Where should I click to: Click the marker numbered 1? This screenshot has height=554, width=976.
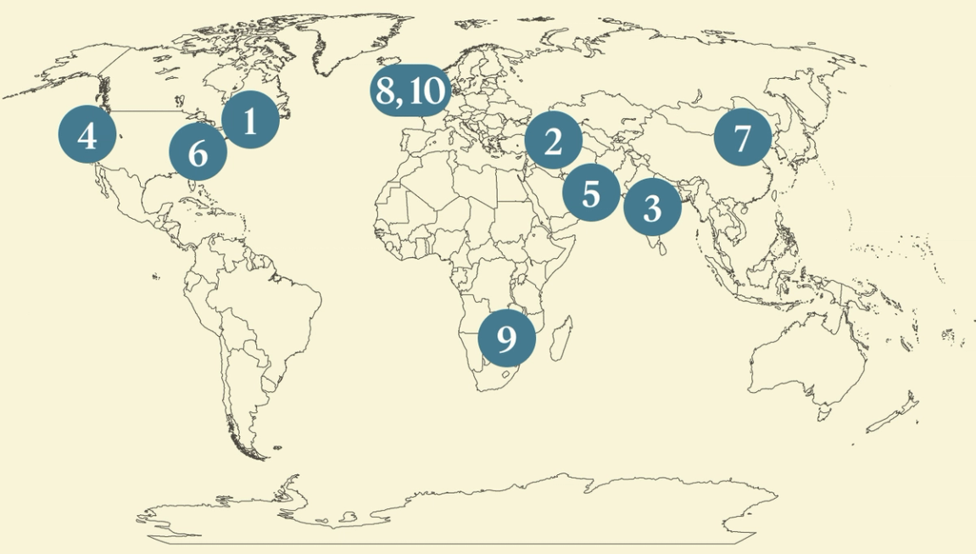[x=250, y=120]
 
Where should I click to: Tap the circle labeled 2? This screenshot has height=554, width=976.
[x=553, y=141]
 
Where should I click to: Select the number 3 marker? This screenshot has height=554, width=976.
[x=652, y=207]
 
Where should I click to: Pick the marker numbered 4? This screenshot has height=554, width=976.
[x=87, y=135]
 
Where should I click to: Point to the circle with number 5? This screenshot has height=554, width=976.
[x=591, y=193]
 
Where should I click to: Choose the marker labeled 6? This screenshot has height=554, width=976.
[x=198, y=154]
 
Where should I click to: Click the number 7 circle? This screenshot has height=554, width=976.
[x=743, y=137]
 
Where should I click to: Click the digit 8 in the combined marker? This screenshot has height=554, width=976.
[x=386, y=92]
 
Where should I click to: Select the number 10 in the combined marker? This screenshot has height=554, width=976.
[x=426, y=92]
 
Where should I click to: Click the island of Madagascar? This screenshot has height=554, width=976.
[x=561, y=336]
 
